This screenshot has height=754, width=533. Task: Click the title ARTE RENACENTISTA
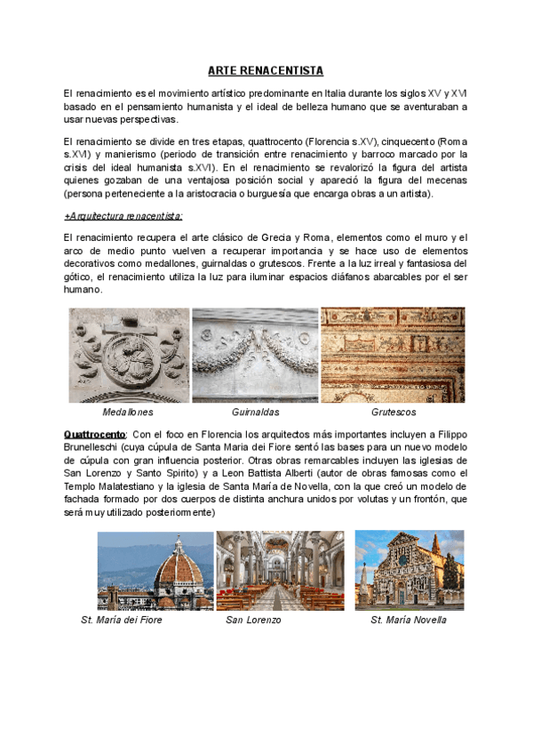(x=266, y=70)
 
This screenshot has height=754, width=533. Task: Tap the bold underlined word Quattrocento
(x=95, y=433)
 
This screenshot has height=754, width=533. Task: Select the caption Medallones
(x=128, y=413)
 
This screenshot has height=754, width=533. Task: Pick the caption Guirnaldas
(x=256, y=413)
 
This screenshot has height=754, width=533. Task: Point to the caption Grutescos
(x=394, y=413)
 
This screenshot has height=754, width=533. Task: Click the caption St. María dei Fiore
(x=122, y=620)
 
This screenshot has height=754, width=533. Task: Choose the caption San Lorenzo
(x=253, y=620)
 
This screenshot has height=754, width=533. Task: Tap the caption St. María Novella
(x=409, y=620)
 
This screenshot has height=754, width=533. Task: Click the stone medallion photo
(x=129, y=356)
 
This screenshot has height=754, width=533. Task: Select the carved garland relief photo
(x=255, y=356)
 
